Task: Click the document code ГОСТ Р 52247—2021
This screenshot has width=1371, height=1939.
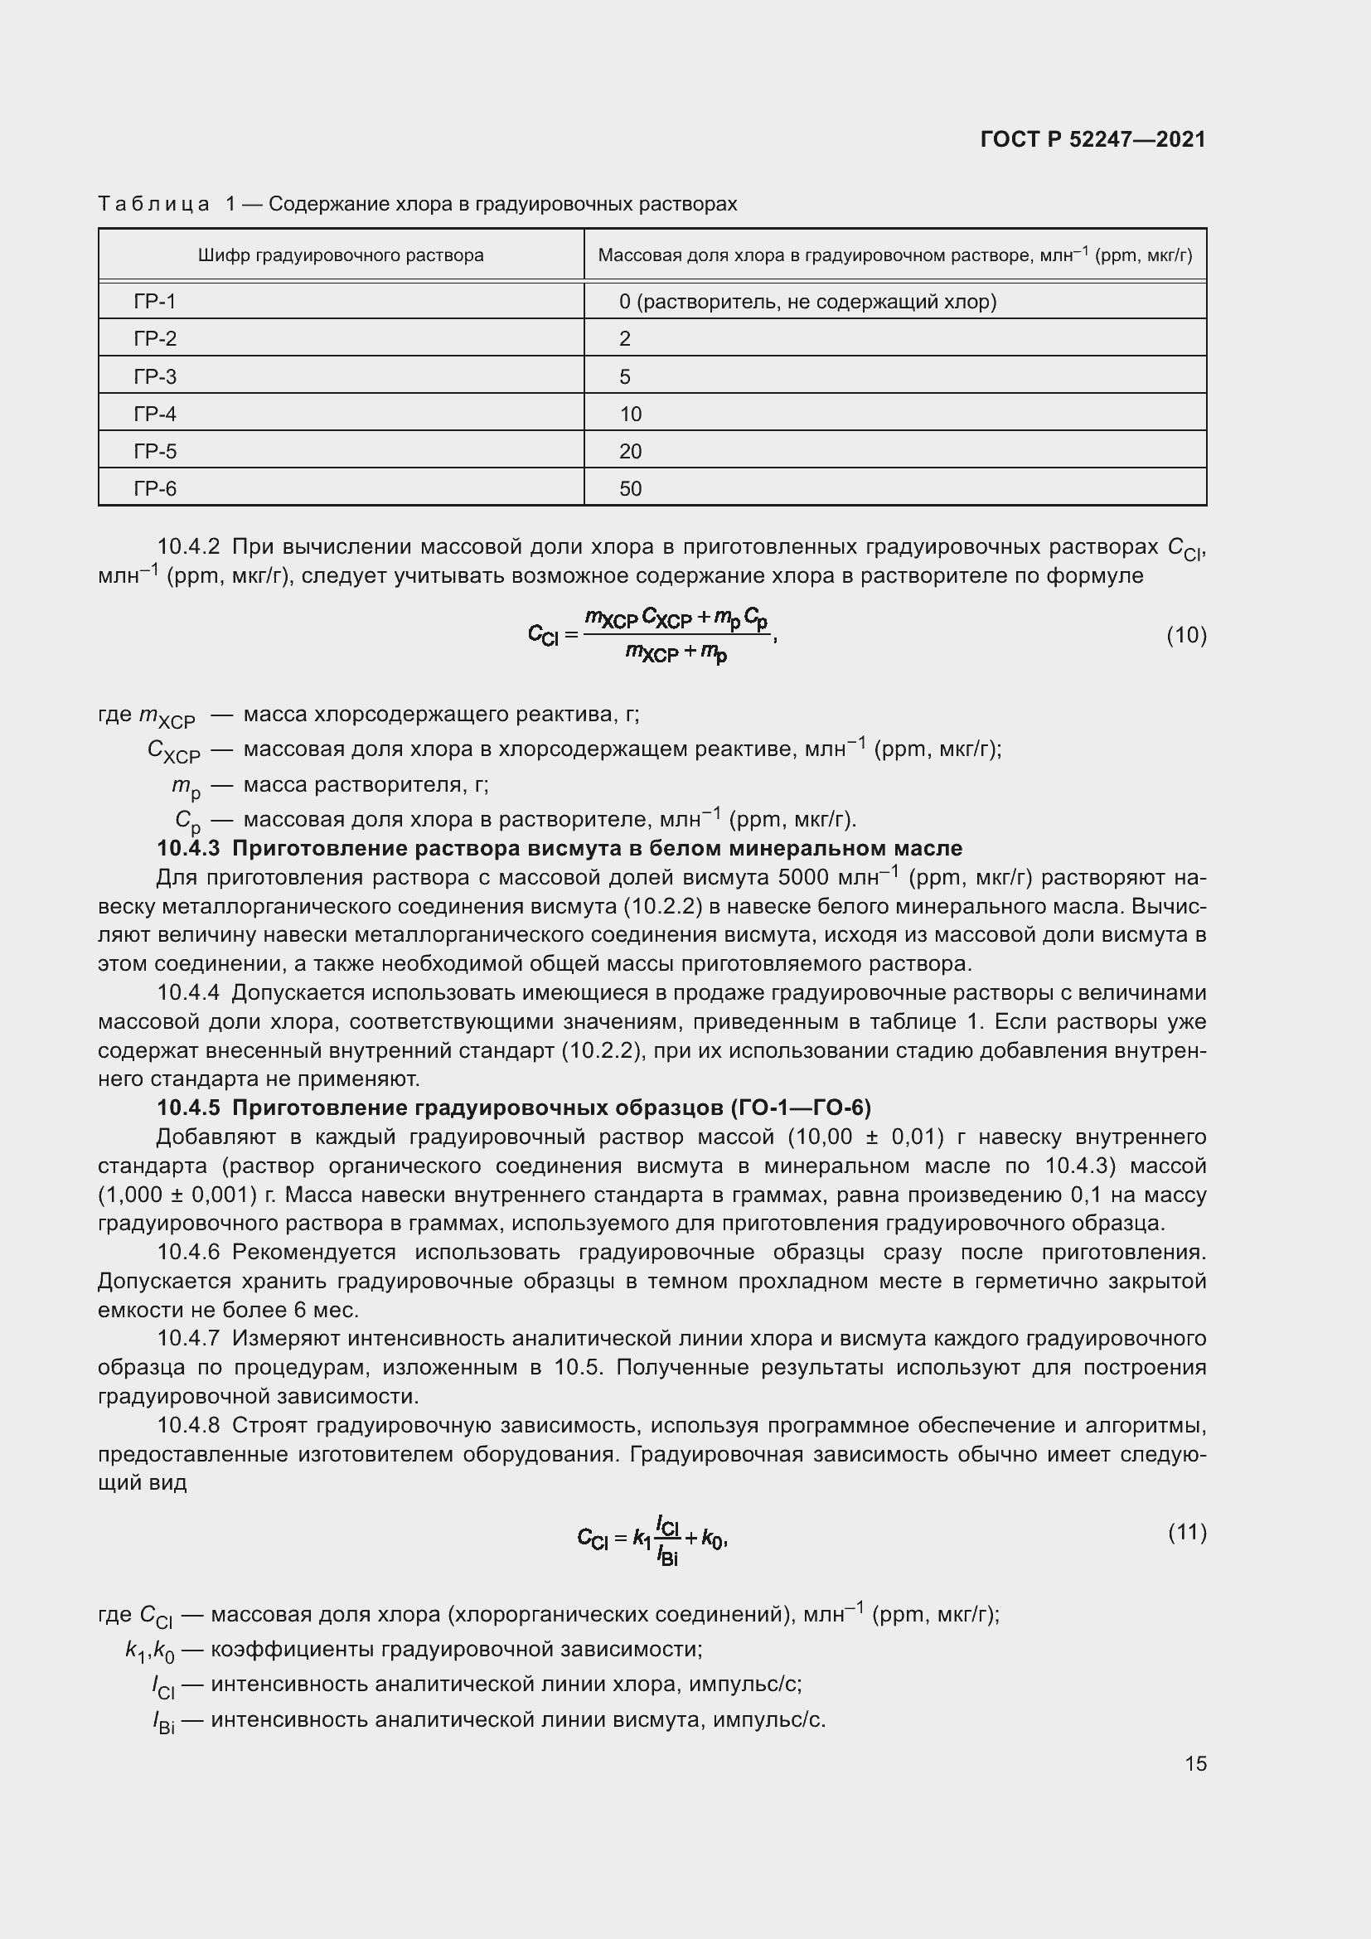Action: click(1092, 139)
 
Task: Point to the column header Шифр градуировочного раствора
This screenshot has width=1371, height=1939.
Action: click(340, 255)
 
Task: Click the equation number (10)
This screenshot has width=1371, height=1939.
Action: click(1186, 635)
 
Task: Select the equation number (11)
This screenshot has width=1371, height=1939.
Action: click(1187, 1532)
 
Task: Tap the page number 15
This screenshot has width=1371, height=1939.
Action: click(1195, 1763)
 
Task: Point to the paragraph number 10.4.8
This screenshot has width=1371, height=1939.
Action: click(188, 1426)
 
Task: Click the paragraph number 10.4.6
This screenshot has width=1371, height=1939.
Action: click(188, 1252)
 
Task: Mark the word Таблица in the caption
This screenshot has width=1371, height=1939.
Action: click(153, 205)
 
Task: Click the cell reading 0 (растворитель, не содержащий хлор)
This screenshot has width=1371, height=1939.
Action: click(807, 302)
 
